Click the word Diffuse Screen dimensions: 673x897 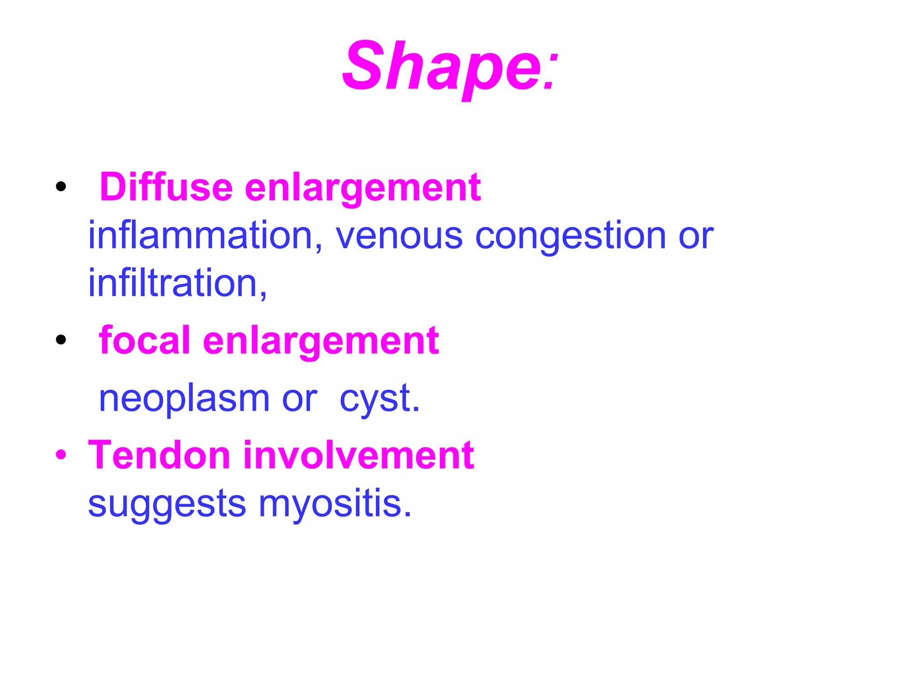(x=166, y=188)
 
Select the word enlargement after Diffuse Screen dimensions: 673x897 (x=363, y=188)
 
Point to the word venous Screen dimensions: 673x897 (x=399, y=236)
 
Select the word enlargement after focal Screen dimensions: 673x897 (x=321, y=341)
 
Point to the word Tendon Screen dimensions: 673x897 (x=159, y=455)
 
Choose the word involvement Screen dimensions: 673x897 (x=359, y=455)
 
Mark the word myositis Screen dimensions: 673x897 (x=335, y=504)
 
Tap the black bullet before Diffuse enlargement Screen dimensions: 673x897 (x=61, y=187)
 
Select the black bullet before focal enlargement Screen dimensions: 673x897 (x=61, y=340)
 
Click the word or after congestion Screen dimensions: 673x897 (x=696, y=236)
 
